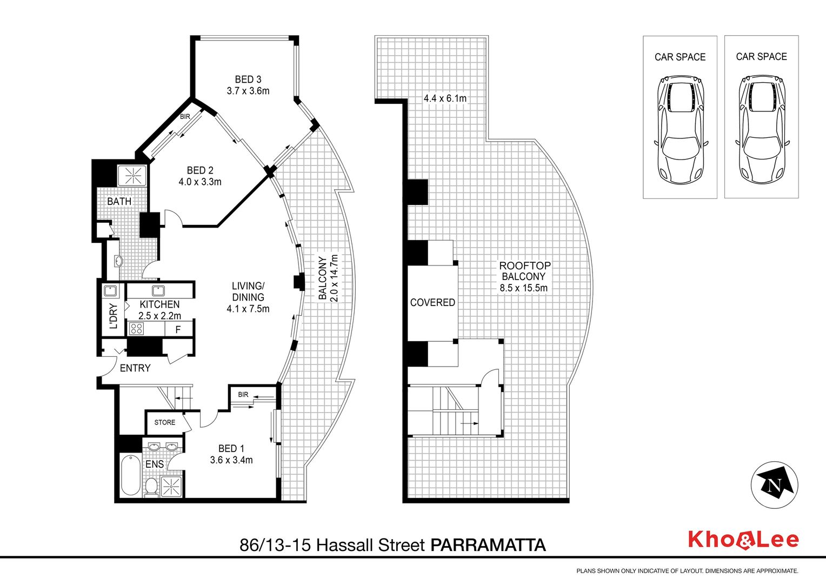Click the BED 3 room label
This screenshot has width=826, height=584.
pos(248,79)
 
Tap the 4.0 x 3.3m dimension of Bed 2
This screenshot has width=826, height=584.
pos(200,182)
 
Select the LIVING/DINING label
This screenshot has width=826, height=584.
pos(248,291)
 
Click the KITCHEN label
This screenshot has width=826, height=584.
pos(159,304)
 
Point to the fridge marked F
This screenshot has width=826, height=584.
pos(178,329)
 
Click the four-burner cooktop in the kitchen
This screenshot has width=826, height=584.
pos(137,329)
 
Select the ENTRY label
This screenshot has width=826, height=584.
pos(135,368)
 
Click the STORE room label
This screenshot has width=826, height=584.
pos(165,422)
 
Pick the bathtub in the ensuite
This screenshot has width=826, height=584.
pos(130,475)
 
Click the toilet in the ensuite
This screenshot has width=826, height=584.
pos(150,487)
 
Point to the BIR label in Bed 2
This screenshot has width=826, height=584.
pos(185,117)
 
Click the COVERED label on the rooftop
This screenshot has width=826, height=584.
pos(432,302)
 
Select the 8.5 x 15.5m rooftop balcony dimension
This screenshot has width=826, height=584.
pos(524,288)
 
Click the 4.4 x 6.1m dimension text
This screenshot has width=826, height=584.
pos(445,98)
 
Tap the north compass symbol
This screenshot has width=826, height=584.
pos(774,485)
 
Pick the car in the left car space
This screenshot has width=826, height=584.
pos(681,129)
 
